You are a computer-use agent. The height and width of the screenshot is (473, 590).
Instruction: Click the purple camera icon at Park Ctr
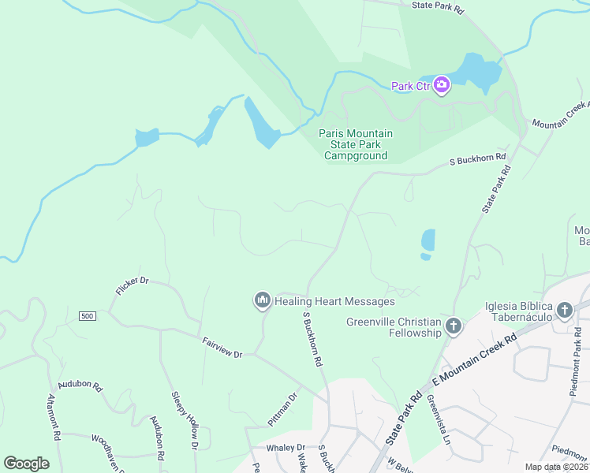[441, 85]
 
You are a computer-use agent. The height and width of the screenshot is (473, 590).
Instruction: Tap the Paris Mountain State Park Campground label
[355, 144]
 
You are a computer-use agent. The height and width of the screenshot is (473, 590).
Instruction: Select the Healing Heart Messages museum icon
[262, 301]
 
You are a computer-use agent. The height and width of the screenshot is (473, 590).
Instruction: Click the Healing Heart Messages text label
[334, 302]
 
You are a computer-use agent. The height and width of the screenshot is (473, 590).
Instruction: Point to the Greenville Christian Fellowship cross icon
[454, 326]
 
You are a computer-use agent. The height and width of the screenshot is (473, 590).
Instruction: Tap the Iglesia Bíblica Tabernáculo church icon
[564, 311]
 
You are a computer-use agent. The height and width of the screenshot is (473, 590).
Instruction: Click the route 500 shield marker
[87, 316]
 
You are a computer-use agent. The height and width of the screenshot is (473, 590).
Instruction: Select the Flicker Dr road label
[132, 285]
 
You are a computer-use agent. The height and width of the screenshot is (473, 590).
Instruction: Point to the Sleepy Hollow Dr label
[183, 420]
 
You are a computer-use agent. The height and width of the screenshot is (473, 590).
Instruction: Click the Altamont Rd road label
[54, 417]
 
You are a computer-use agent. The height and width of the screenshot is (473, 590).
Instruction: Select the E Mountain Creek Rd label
[473, 360]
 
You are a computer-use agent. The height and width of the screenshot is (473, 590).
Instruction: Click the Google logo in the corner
[26, 464]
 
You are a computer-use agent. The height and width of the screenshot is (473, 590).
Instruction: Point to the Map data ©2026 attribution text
[555, 467]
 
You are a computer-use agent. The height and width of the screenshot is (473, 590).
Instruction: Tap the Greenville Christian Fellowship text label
[394, 327]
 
